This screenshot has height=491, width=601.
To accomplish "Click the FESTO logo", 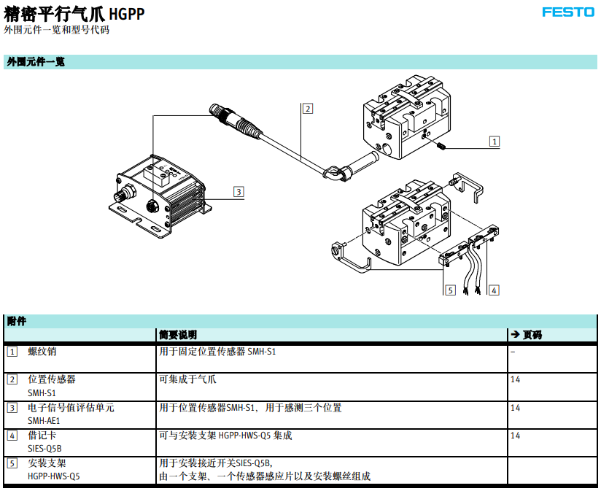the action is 568,12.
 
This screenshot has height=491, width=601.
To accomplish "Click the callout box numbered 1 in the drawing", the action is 495,142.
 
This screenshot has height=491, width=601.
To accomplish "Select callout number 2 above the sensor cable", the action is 307,109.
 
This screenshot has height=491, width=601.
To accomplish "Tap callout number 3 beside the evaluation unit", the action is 239,192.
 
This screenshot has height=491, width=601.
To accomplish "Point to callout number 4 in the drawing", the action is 494,290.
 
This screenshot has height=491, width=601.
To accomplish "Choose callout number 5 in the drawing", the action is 450,290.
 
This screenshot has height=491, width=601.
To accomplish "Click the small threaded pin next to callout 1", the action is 441,146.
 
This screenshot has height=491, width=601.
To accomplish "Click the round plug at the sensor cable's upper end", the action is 217,110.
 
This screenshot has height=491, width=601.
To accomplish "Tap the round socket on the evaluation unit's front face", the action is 152,206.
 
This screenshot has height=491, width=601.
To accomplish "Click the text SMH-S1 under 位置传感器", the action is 42,393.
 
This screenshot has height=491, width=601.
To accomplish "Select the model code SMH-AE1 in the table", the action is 44,421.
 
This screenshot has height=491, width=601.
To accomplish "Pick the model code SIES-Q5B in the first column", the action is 44,449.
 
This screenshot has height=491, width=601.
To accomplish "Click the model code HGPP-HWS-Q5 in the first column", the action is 54,476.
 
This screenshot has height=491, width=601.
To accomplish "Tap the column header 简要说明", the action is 178,335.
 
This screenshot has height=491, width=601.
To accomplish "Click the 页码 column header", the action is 532,335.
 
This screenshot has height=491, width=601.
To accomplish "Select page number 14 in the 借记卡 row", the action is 515,436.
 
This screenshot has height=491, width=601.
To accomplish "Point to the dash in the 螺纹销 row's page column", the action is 513,352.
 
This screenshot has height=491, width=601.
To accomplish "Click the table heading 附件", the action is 17,321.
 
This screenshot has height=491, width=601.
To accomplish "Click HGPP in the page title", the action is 127,14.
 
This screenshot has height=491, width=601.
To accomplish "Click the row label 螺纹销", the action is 42,352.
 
